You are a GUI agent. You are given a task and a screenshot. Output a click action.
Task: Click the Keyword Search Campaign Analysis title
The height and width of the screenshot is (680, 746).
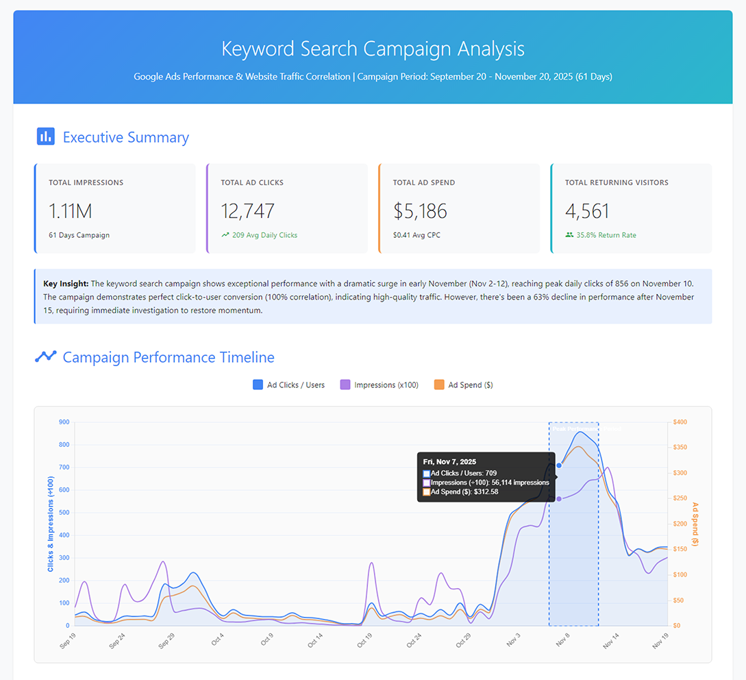373,49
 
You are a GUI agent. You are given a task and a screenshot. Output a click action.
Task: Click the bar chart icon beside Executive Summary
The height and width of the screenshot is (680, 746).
45,137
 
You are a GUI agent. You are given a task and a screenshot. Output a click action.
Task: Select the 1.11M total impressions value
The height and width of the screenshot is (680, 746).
71,210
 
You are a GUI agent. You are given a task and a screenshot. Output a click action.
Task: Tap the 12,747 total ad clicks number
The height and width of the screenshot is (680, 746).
247,210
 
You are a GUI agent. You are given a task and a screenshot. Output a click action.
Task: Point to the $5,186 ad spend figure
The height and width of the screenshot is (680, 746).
420,210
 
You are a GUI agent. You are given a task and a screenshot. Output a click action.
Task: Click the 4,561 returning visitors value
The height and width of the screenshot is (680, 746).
587,210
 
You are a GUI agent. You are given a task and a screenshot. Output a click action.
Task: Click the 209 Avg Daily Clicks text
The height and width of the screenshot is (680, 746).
264,235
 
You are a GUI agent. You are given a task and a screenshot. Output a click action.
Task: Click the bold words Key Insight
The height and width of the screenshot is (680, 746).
66,284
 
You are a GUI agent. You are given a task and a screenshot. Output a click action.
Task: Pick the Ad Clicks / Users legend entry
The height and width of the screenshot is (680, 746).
288,385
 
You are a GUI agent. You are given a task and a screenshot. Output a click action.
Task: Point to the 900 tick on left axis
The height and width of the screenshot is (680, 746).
64,422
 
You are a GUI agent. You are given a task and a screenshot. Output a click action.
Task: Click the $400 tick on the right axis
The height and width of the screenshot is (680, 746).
680,422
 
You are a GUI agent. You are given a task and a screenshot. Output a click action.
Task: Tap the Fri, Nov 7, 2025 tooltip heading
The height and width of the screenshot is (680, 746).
449,462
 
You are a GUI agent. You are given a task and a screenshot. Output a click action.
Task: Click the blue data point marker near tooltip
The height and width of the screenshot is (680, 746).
559,465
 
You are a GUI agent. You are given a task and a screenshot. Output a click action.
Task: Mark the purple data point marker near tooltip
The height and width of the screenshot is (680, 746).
559,498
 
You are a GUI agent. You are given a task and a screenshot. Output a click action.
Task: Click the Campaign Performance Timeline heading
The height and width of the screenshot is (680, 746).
168,357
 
